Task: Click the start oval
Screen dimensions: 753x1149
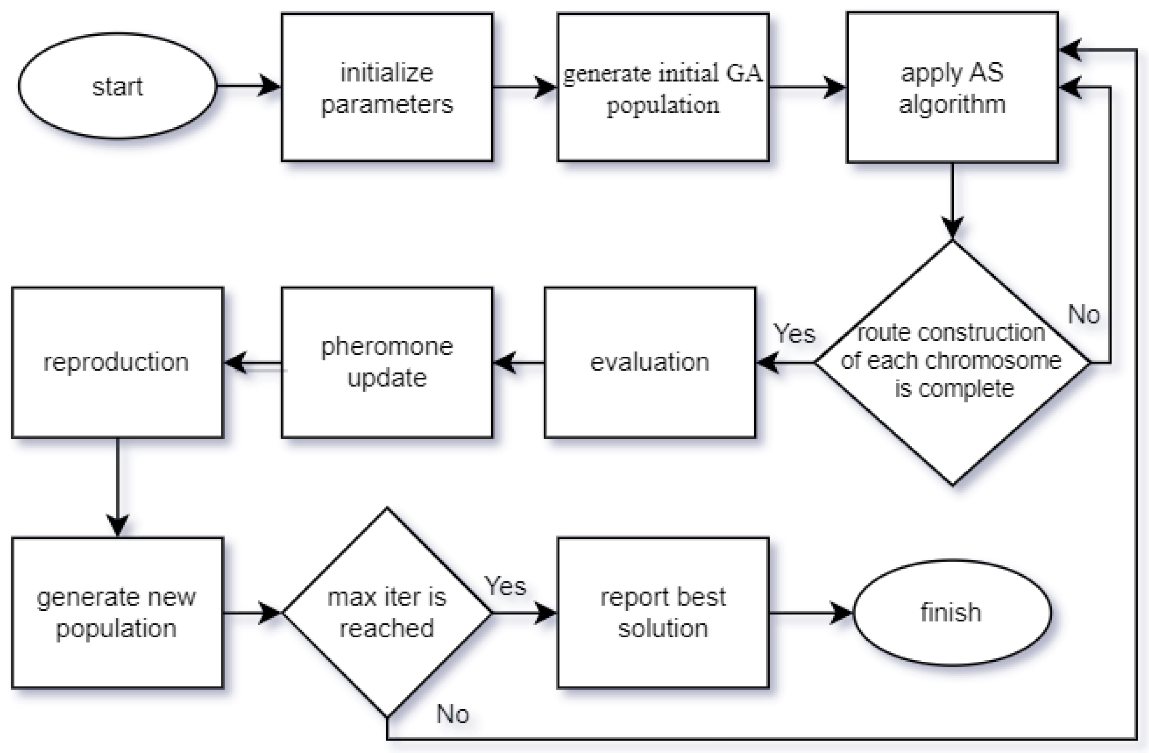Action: [x=117, y=86]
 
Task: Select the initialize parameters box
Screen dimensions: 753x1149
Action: [x=387, y=87]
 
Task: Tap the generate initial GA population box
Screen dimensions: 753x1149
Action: [x=663, y=87]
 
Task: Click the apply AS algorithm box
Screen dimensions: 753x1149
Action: [x=952, y=87]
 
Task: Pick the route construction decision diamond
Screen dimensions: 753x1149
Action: [x=952, y=362]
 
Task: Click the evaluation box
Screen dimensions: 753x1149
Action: [x=650, y=362]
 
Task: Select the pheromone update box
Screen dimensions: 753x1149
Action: [x=387, y=362]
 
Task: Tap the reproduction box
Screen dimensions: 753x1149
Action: [x=117, y=362]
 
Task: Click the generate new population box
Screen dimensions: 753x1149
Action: [x=117, y=612]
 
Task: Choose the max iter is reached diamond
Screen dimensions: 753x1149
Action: [x=387, y=612]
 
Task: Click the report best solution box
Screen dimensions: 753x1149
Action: [x=663, y=612]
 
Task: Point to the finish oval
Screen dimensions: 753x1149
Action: [x=952, y=612]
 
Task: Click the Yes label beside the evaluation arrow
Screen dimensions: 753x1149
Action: [x=794, y=333]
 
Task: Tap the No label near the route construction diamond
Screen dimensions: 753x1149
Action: [x=1084, y=314]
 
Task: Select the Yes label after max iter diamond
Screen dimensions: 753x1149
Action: [x=505, y=586]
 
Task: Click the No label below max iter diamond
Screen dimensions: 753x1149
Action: [x=453, y=714]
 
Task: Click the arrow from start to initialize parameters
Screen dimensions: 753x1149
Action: [x=249, y=86]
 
